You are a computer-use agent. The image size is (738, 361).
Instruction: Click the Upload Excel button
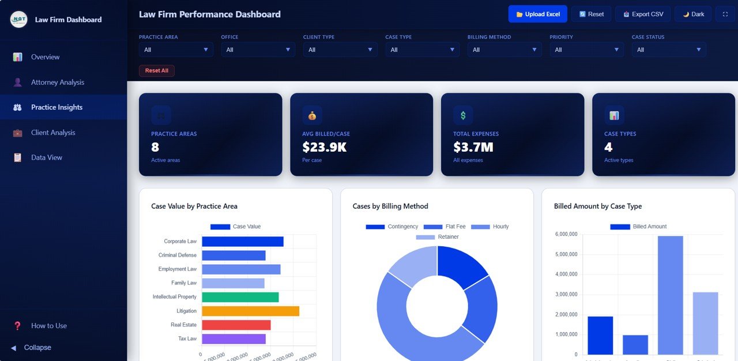tap(537, 14)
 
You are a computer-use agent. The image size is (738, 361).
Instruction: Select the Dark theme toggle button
tap(693, 14)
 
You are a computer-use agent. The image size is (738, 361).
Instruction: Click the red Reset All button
tap(156, 70)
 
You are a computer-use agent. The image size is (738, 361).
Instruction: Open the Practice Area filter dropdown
tap(176, 50)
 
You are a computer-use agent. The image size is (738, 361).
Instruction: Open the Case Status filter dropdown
tap(669, 50)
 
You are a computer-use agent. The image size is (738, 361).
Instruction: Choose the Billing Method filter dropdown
tap(504, 50)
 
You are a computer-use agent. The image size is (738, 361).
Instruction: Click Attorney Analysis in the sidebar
tap(57, 82)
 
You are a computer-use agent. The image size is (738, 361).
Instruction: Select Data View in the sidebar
tap(46, 157)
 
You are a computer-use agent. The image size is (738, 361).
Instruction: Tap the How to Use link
tap(48, 326)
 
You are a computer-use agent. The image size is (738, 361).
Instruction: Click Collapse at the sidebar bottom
tap(37, 348)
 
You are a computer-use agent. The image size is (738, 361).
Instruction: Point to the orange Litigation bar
tap(250, 311)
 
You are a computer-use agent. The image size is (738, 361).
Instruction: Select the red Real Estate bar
tap(236, 325)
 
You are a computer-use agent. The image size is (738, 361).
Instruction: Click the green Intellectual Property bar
tap(240, 297)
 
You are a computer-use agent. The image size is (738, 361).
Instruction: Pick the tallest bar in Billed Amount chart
tap(670, 295)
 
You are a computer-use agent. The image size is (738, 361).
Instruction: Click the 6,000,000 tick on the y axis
tap(566, 234)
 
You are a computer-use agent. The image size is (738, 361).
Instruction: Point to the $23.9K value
tap(324, 147)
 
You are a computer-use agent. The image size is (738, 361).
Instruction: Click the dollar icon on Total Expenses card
tap(462, 115)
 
